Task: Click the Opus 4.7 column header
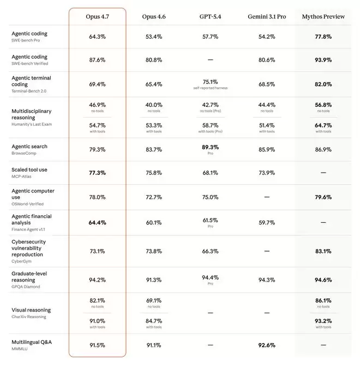pyautogui.click(x=97, y=17)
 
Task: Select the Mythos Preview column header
pyautogui.click(x=323, y=17)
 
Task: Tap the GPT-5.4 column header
pyautogui.click(x=210, y=17)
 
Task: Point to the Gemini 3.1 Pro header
pyautogui.click(x=267, y=17)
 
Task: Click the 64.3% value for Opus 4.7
pyautogui.click(x=97, y=37)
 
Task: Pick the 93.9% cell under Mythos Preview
pyautogui.click(x=323, y=60)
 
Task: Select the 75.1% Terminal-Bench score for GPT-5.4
pyautogui.click(x=210, y=82)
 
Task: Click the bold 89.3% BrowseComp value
pyautogui.click(x=210, y=147)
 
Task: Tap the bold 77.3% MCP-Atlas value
pyautogui.click(x=97, y=173)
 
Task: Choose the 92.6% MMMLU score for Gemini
pyautogui.click(x=267, y=345)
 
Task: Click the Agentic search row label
pyautogui.click(x=29, y=146)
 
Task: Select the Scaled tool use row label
pyautogui.click(x=29, y=169)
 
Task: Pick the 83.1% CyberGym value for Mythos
pyautogui.click(x=323, y=251)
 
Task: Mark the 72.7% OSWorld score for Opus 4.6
pyautogui.click(x=154, y=197)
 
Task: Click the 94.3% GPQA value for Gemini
pyautogui.click(x=267, y=279)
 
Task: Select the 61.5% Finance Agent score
pyautogui.click(x=210, y=220)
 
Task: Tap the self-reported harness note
pyautogui.click(x=210, y=88)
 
